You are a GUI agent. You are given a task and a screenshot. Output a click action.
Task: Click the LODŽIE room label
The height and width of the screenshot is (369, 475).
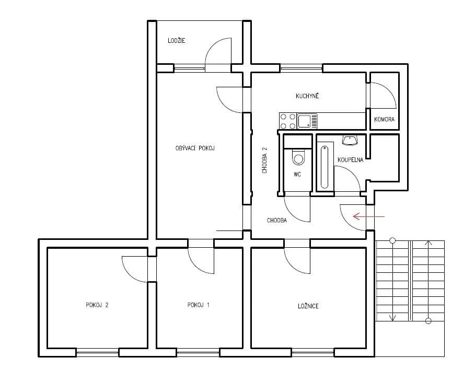point(177,41)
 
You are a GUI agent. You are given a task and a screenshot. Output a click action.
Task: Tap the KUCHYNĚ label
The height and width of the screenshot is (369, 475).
point(307,96)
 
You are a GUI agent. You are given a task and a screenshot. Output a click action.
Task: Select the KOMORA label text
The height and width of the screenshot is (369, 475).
point(384,120)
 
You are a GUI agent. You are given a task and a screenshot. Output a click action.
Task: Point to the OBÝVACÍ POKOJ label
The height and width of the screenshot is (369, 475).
point(195,148)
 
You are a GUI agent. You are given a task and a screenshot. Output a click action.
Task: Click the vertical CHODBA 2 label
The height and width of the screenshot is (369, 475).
point(265,160)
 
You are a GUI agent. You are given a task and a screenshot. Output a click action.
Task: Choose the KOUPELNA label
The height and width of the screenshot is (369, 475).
point(350,159)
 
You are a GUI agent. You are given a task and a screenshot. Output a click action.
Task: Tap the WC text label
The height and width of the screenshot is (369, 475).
point(297,175)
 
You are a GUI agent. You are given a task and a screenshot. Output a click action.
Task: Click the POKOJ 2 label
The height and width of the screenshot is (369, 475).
point(97,305)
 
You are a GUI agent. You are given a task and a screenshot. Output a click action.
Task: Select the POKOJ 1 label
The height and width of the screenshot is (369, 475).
point(198,305)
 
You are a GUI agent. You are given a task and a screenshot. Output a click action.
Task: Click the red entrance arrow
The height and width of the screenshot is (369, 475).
point(369,216)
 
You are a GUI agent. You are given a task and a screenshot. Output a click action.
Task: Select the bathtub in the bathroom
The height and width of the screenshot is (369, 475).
point(325,165)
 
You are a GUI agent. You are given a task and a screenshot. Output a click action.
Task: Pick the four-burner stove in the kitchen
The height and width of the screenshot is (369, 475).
point(287,121)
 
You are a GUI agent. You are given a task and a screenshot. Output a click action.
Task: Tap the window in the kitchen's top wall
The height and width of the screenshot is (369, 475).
point(301,67)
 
